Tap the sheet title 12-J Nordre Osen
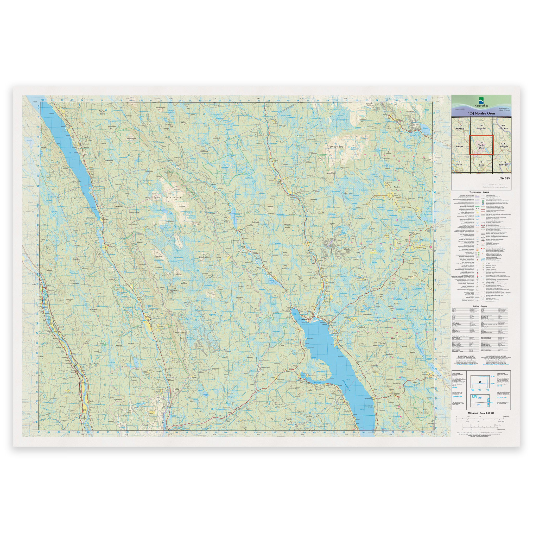tap(481, 113)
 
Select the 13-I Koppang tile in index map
tap(460, 127)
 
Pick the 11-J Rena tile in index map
tap(481, 164)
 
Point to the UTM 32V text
tap(504, 179)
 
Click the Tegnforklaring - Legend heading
tap(481, 192)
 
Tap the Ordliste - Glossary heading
tap(481, 306)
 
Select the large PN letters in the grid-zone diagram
tap(479, 405)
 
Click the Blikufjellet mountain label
tap(337, 147)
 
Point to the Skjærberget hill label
tap(131, 138)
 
